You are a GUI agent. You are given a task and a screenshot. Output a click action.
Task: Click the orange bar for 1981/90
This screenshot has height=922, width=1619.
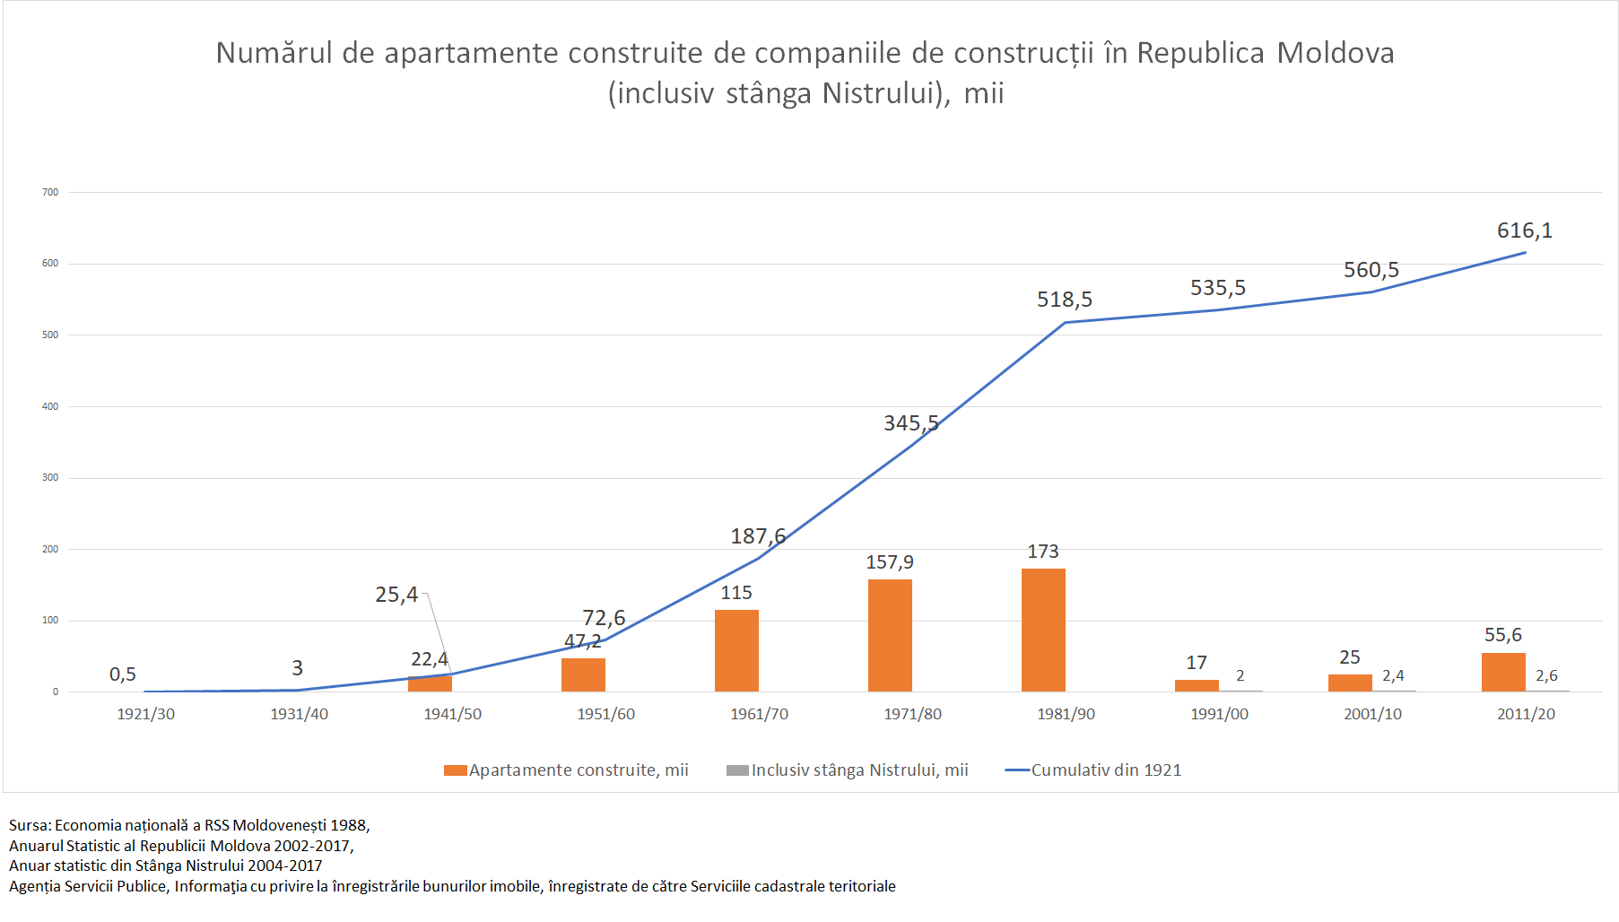(1043, 630)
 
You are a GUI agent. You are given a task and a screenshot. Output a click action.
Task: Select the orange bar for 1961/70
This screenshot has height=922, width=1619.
(736, 650)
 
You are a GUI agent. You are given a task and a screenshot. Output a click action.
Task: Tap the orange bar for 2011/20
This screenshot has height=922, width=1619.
(1503, 672)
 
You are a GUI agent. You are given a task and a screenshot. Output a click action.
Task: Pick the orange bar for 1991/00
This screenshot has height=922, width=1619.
(1197, 685)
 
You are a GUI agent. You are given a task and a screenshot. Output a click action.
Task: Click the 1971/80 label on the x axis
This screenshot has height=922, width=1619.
(912, 714)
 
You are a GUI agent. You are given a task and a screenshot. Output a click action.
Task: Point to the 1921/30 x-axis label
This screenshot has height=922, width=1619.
(145, 714)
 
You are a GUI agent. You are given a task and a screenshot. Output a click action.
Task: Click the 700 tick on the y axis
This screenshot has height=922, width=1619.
(50, 192)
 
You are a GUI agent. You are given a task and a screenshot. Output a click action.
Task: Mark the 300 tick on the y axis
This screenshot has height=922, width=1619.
(50, 477)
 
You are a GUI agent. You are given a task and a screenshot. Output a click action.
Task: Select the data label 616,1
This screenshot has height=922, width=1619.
(1524, 230)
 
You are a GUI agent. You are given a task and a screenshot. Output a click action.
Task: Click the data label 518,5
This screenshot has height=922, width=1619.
(1064, 300)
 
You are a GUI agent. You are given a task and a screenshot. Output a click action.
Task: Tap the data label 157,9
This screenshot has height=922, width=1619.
(889, 562)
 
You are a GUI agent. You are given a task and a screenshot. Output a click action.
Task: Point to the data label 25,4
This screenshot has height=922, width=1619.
(396, 595)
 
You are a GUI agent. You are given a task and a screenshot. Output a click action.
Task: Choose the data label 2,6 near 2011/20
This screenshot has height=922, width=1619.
(1546, 675)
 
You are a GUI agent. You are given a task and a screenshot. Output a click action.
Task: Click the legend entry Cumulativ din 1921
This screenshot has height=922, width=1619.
(1105, 770)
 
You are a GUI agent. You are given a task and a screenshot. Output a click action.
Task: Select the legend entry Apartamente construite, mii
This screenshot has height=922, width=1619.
(578, 770)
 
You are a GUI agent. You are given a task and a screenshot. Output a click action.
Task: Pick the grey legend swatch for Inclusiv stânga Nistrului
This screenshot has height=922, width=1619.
(737, 770)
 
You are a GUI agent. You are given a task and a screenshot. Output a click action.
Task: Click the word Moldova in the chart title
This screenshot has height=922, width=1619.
(1335, 53)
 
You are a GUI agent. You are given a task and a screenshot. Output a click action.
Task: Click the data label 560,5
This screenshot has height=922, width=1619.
(1371, 270)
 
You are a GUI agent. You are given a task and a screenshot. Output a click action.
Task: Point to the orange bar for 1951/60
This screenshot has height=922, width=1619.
(583, 674)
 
